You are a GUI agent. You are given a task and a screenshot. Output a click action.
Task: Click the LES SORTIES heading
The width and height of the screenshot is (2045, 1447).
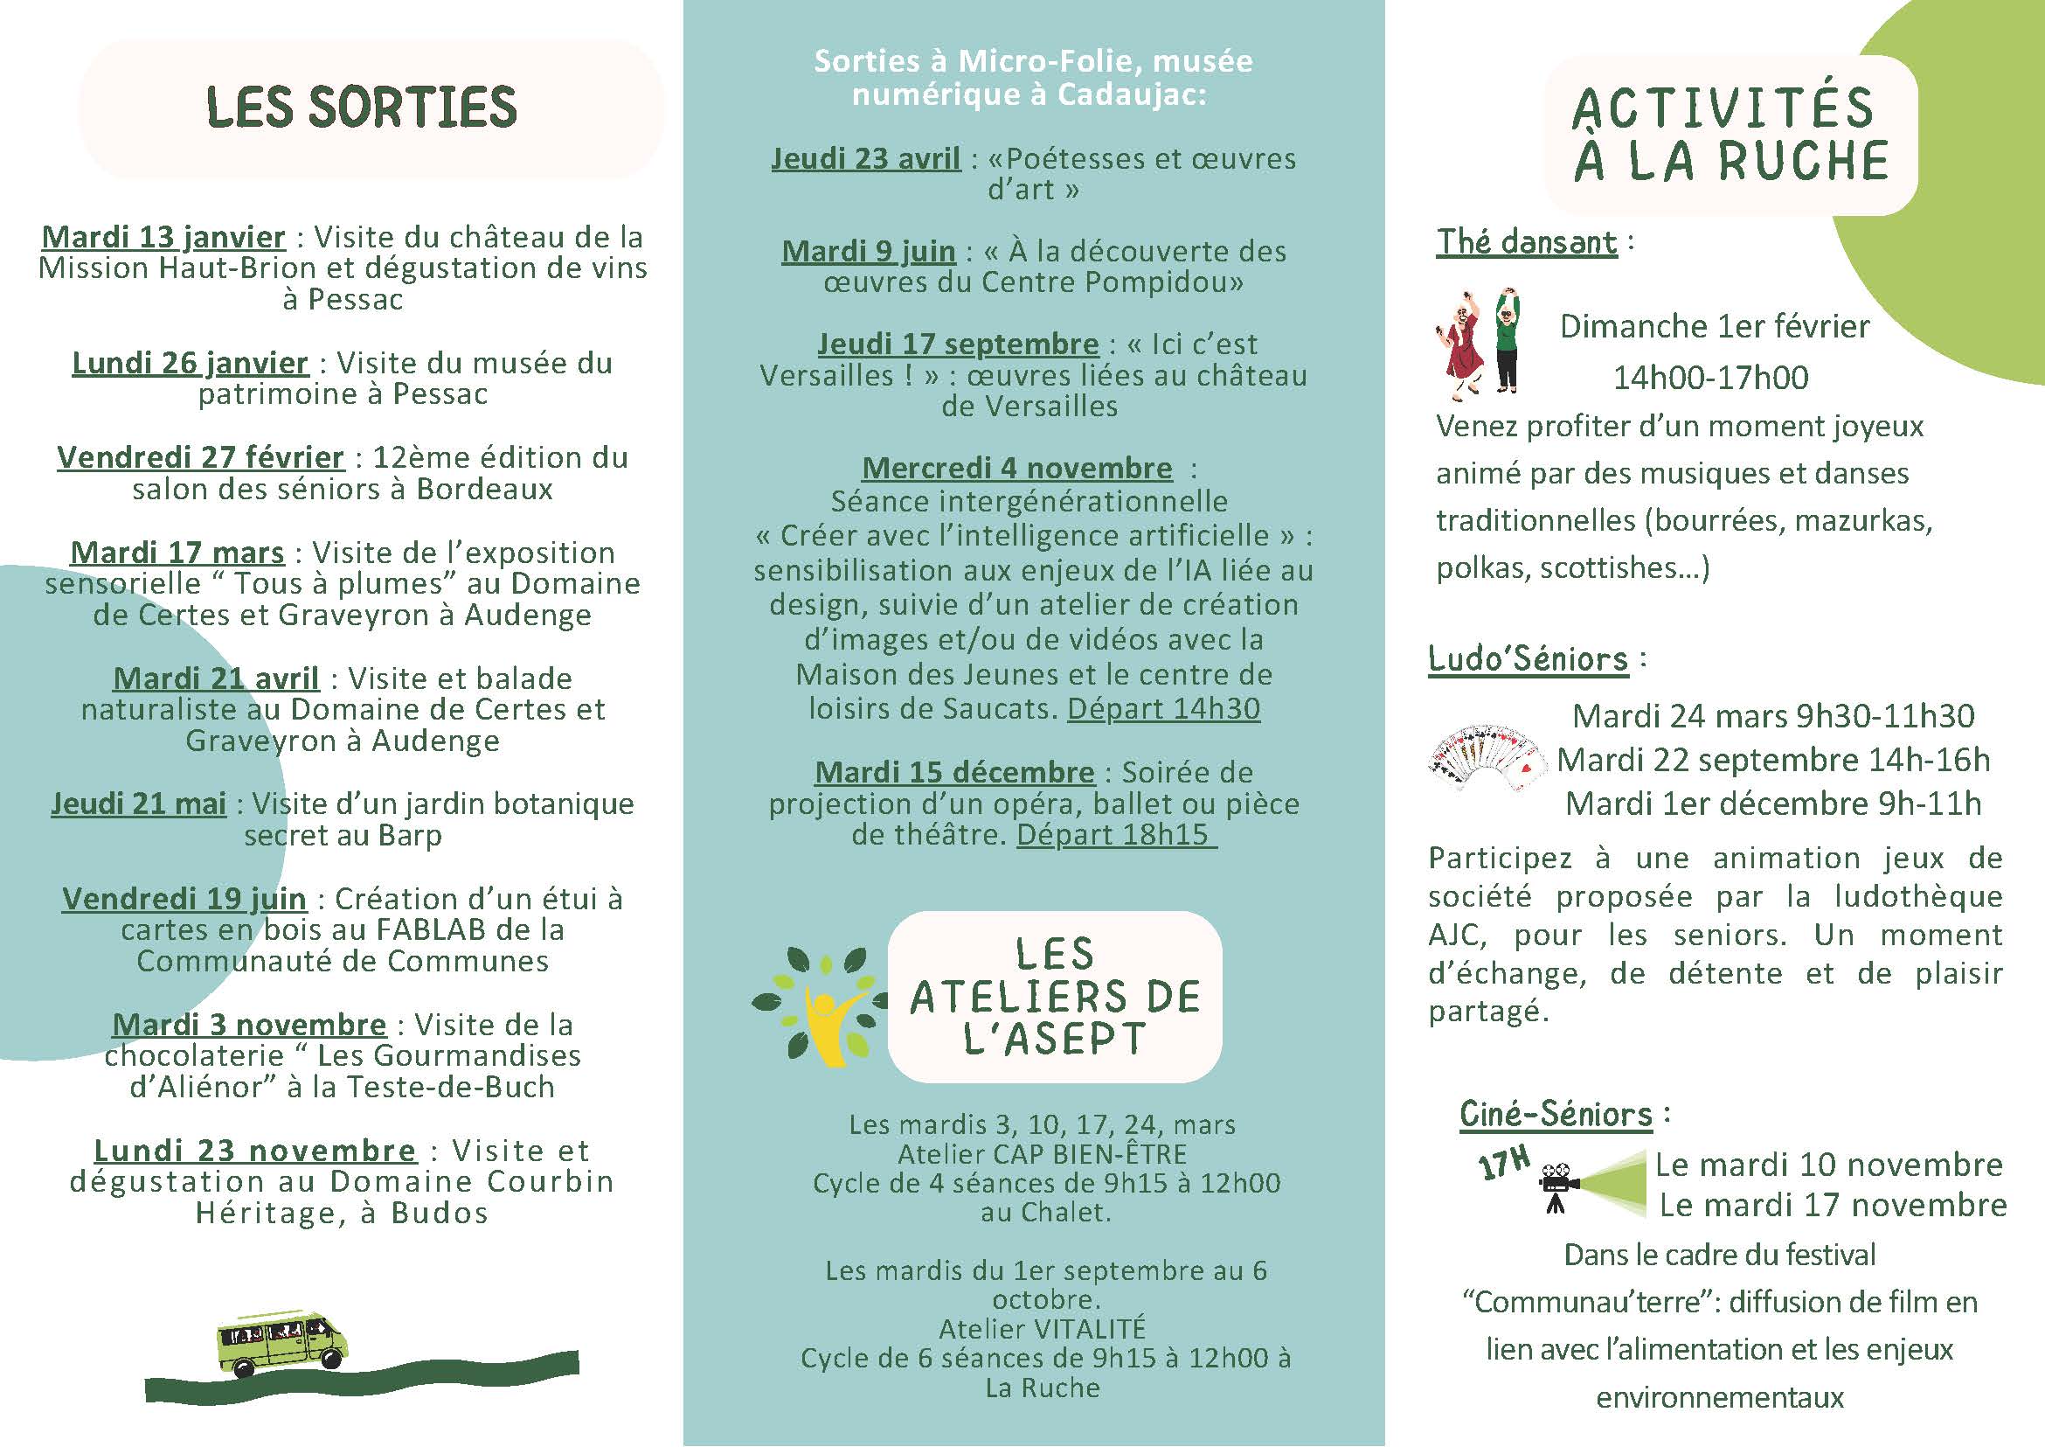click(x=362, y=108)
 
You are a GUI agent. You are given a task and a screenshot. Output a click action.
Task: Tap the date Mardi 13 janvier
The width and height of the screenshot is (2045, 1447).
click(x=164, y=238)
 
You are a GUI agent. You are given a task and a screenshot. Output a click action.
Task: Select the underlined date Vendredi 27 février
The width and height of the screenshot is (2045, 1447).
click(x=200, y=458)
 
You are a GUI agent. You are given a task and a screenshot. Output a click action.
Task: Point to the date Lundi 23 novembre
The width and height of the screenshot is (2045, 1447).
click(x=254, y=1151)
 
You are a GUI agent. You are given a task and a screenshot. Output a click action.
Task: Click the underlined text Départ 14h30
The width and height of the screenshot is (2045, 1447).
click(x=1163, y=709)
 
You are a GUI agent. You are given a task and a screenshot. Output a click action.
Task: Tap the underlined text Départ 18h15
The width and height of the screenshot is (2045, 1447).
click(x=1115, y=836)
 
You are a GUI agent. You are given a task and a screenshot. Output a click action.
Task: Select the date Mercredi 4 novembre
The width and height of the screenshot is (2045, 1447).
click(x=1017, y=469)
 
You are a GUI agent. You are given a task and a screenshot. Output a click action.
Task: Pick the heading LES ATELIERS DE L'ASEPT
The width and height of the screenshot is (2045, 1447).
click(x=1055, y=997)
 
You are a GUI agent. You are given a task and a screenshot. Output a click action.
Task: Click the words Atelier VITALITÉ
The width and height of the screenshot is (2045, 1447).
click(x=1042, y=1329)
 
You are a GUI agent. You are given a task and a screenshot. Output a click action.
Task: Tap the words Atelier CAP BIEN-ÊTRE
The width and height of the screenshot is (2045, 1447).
click(x=1042, y=1155)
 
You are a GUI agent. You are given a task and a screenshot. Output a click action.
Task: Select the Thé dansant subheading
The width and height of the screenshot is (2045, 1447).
click(x=1527, y=242)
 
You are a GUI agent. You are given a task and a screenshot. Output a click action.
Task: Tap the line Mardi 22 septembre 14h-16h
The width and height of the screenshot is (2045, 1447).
click(x=1772, y=760)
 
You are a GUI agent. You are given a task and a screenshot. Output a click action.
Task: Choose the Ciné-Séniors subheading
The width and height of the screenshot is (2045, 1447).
click(x=1555, y=1115)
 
